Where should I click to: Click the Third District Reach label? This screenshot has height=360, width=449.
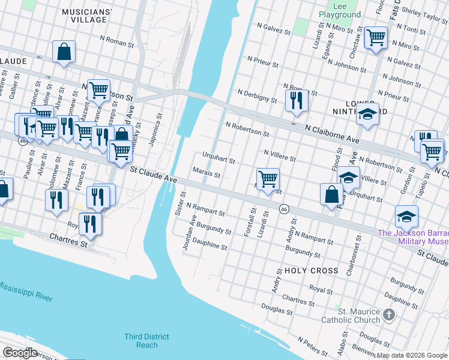coord(147,340)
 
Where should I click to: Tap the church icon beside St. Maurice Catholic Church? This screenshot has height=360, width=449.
coord(389,314)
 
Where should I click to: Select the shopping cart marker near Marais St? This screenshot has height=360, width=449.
coord(268,178)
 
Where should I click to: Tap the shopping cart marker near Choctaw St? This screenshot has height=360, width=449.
coord(376,38)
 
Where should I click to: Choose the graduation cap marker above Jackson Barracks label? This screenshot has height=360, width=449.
coord(406,216)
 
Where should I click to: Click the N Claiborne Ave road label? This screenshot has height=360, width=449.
coord(331,130)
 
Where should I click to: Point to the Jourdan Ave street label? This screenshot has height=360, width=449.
coord(193,234)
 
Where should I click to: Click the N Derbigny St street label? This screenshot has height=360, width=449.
coord(258,95)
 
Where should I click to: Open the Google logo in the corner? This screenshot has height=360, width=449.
coord(20,353)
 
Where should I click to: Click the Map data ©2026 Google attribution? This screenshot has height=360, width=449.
coord(412,355)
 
